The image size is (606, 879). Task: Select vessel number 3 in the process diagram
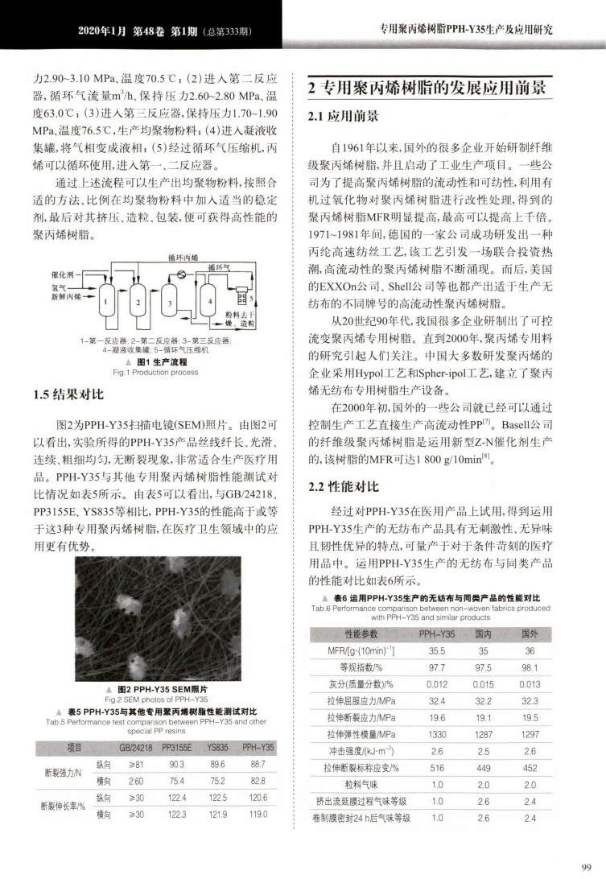coord(171,302)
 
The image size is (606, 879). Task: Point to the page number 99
coord(585,865)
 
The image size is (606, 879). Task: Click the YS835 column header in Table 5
coord(218,748)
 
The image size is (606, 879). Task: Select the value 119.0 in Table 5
coord(258,815)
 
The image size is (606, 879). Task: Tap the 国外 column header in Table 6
coord(530,635)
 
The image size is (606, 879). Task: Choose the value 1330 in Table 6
coord(437,734)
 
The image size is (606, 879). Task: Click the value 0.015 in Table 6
coord(484,684)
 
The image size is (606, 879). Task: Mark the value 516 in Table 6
coord(437,768)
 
